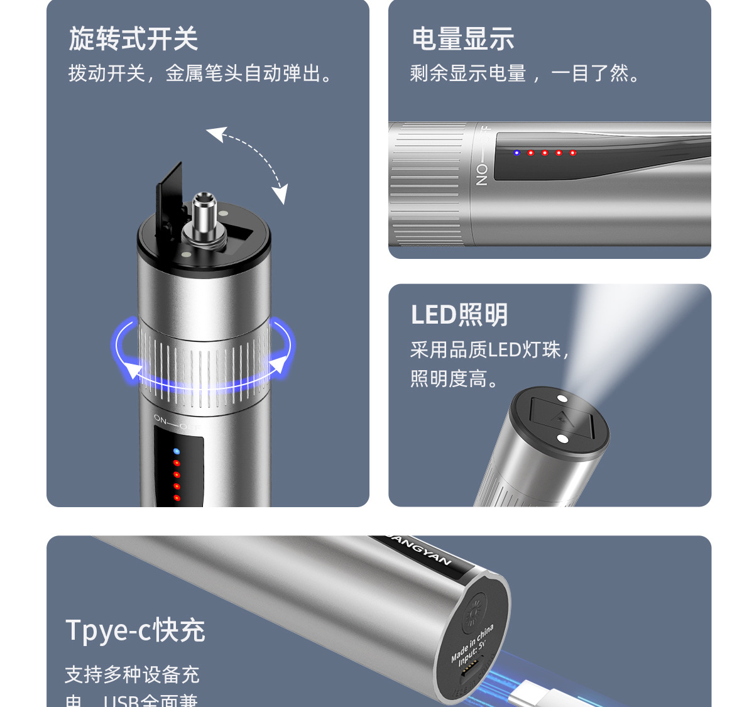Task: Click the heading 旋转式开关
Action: [x=133, y=39]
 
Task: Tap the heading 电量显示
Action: [x=463, y=39]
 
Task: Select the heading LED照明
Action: [x=459, y=315]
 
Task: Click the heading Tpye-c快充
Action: [x=135, y=630]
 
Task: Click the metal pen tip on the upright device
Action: [x=204, y=217]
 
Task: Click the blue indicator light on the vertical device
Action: [x=177, y=451]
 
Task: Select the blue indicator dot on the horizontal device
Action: [x=516, y=153]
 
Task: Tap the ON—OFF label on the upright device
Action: [x=176, y=422]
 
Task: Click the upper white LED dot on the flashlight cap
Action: [x=562, y=398]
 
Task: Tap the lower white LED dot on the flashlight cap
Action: [x=562, y=439]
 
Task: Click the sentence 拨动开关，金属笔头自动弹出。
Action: [x=201, y=74]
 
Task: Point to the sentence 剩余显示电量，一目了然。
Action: [x=527, y=74]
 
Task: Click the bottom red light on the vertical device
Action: [x=177, y=498]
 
